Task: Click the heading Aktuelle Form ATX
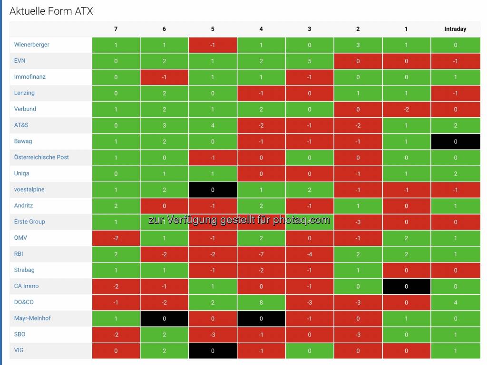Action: pos(51,11)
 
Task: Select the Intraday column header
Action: pos(455,29)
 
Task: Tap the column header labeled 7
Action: pos(116,29)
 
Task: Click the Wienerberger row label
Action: pos(32,45)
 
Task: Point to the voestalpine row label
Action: pos(29,189)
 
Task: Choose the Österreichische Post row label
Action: pos(41,157)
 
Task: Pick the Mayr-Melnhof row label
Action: pos(32,318)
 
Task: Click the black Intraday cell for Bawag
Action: pos(455,141)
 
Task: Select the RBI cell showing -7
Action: pos(261,254)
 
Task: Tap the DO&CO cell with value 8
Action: pos(261,302)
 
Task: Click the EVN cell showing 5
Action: pos(310,61)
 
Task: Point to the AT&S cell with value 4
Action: pos(213,125)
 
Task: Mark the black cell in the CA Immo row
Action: pos(406,286)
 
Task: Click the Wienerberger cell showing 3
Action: pos(358,45)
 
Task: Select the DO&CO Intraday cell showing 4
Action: pos(455,302)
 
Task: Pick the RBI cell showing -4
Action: pos(310,254)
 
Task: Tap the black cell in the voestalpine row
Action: pos(213,190)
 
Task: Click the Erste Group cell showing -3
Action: pos(358,222)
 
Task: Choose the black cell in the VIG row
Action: pos(213,351)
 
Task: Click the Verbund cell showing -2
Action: pos(406,109)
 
